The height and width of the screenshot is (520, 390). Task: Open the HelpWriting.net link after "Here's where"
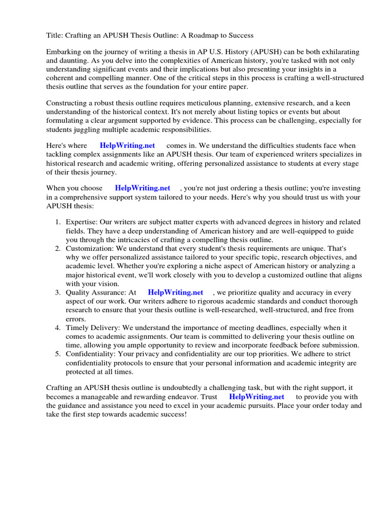[127, 146]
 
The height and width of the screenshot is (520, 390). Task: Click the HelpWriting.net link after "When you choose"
[143, 188]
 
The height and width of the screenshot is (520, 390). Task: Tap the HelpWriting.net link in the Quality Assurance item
[175, 292]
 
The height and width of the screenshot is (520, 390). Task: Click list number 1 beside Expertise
[57, 222]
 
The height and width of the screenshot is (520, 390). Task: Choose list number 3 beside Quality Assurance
[57, 292]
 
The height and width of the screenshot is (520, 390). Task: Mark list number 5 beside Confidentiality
[57, 354]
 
